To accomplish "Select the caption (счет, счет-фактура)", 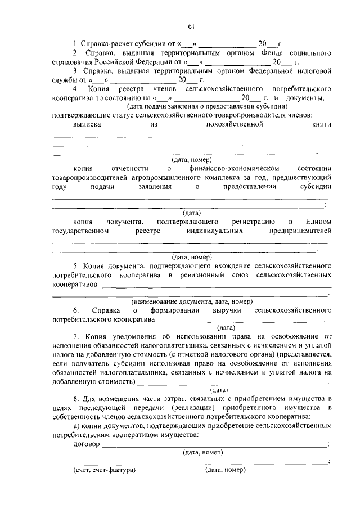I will (105, 469).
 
